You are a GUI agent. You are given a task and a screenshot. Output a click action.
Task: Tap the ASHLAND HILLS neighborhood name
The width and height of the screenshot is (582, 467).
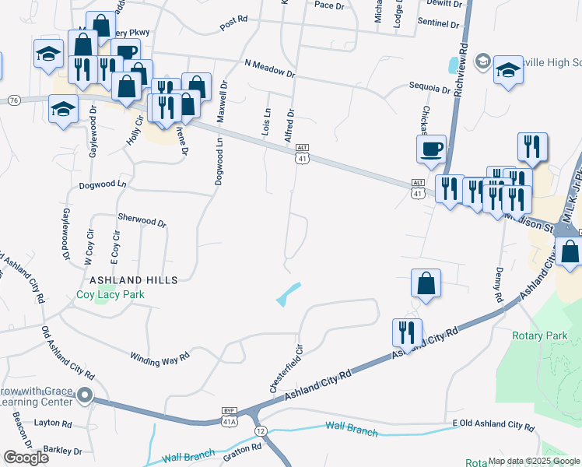133,279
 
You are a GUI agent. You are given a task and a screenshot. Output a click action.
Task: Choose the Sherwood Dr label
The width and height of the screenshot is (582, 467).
142,221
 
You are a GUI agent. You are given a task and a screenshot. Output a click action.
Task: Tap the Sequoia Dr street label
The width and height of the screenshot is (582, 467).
430,89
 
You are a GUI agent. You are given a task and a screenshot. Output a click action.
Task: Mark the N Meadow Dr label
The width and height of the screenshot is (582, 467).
269,68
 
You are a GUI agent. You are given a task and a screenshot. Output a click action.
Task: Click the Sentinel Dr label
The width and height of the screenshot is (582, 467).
438,24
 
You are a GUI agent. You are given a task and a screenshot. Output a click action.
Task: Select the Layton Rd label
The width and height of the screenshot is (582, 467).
52,424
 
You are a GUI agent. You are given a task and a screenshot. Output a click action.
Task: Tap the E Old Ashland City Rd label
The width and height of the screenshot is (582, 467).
493,426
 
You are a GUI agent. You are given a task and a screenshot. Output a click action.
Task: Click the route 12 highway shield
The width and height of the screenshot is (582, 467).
260,430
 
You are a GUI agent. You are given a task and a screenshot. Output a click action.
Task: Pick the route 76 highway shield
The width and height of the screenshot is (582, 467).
13,100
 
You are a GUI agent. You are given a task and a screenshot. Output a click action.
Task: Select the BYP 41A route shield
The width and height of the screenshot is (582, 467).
229,416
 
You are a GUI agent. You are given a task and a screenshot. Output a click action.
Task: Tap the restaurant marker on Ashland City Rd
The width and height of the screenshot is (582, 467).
408,332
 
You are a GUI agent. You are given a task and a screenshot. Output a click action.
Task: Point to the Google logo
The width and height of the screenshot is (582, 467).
26,457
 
